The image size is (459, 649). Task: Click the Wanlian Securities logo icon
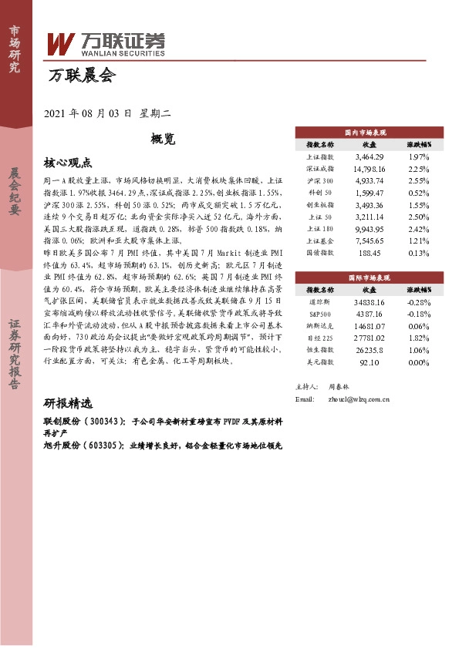tap(59, 45)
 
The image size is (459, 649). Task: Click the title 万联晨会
tap(81, 76)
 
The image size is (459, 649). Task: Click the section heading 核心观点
tap(68, 163)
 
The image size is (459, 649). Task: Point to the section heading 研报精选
tap(68, 404)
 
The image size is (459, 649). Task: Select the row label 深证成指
tap(320, 168)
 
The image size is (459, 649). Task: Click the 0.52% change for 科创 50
tap(418, 192)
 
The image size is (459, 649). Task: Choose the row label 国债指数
tap(320, 252)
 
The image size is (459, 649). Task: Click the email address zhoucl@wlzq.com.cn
tap(358, 399)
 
